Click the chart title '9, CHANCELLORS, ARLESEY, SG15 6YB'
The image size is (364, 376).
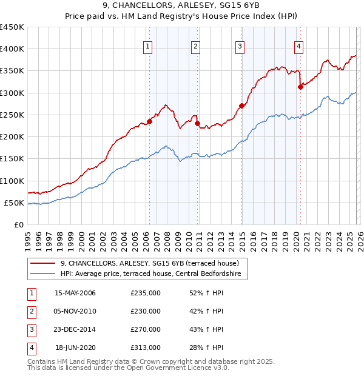click(181, 7)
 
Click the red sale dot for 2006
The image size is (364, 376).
click(149, 121)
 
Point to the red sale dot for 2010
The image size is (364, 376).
click(197, 123)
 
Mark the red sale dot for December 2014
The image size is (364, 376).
click(241, 106)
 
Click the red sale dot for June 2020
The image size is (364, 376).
click(300, 87)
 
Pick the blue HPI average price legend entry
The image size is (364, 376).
click(151, 274)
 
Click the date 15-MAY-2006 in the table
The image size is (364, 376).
click(75, 294)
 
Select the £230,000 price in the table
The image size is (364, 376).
click(146, 311)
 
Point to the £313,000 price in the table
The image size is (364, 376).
click(146, 347)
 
